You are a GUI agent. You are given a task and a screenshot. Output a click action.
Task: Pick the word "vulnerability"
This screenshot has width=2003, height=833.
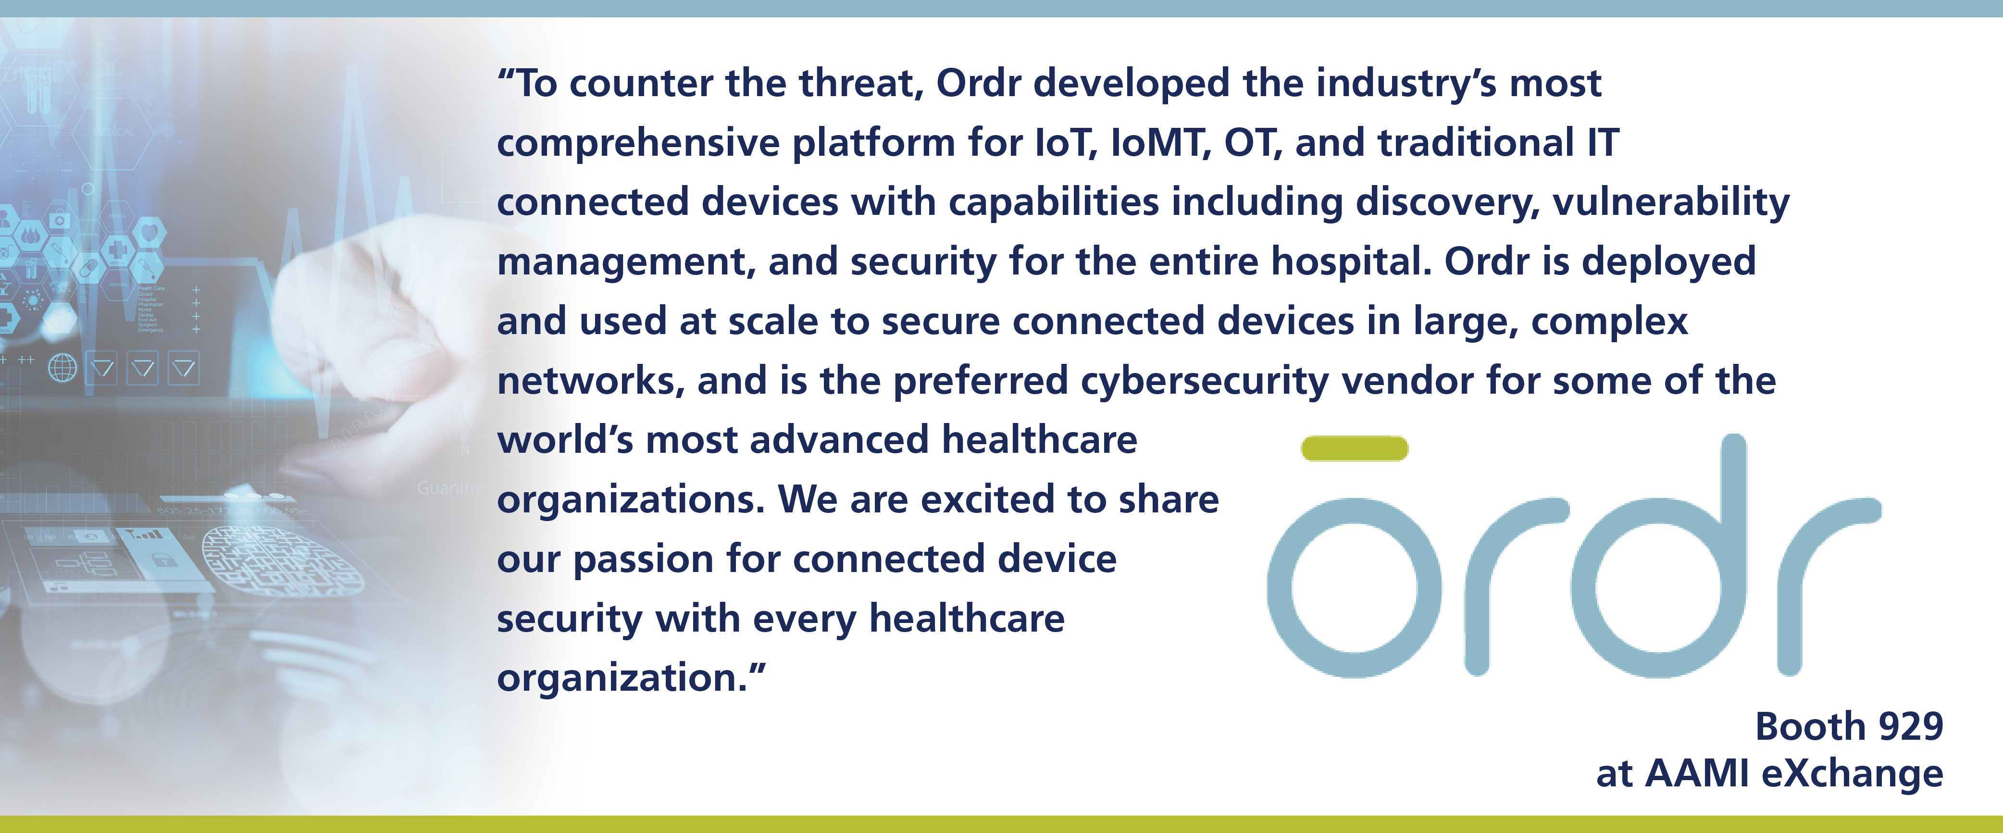(x=1671, y=203)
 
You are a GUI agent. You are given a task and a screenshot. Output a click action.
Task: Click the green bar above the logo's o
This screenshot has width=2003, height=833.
(x=1355, y=449)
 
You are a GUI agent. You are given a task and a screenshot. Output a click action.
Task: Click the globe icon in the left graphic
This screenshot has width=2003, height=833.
(x=63, y=368)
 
